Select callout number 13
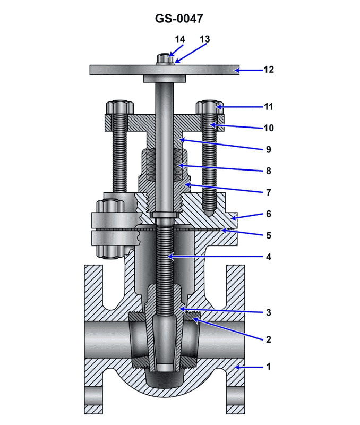[204, 39]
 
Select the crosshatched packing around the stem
[165, 166]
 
